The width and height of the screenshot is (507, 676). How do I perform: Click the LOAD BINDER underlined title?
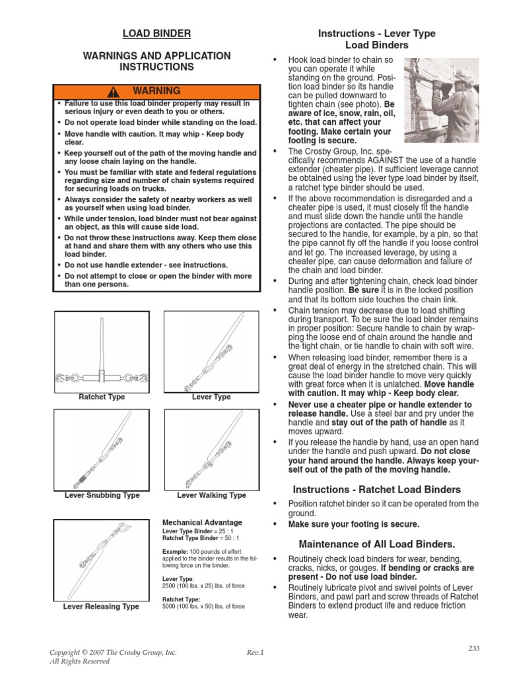tap(156, 33)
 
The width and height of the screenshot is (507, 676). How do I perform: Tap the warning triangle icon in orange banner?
tap(115, 92)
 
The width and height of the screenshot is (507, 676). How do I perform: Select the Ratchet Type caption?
tap(102, 397)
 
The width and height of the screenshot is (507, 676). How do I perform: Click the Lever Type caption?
tap(211, 397)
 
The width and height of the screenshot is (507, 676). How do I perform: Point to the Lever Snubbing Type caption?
tap(102, 495)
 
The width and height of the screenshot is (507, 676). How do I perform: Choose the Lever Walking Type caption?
tap(211, 495)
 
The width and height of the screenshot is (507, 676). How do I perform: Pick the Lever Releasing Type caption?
tap(101, 607)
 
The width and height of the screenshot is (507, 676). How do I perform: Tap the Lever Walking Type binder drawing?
tap(211, 450)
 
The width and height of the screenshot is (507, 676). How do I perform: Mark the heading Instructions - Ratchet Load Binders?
tap(376, 490)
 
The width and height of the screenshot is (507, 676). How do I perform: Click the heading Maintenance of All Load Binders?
tap(376, 545)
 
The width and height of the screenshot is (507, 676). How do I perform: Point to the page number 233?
tap(473, 648)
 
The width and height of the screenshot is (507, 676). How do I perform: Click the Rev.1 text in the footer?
tap(255, 652)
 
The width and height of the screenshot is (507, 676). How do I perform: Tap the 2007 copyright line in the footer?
tap(113, 652)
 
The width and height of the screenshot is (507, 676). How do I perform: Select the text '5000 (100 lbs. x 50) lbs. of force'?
tap(203, 606)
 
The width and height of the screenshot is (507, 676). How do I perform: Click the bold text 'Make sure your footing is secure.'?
tap(354, 524)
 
